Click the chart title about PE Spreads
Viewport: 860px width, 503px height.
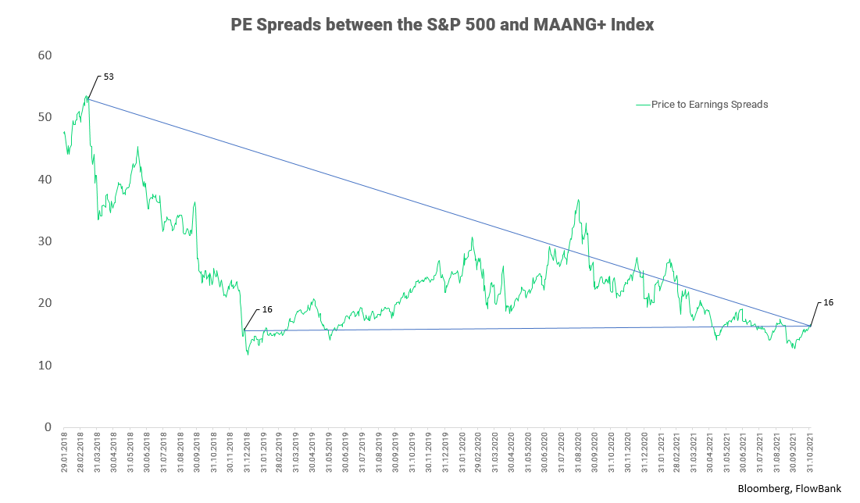[x=442, y=25]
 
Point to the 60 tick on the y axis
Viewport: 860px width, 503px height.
[x=44, y=55]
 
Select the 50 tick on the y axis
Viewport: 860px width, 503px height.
[x=44, y=117]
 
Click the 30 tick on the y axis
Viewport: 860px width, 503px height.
[x=44, y=241]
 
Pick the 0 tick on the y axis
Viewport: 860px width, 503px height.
[x=47, y=427]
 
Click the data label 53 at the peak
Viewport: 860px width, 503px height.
[x=109, y=77]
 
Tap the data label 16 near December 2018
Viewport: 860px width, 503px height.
[x=267, y=309]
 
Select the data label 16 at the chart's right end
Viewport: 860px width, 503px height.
[x=828, y=301]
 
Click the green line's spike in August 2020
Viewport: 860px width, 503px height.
[x=578, y=200]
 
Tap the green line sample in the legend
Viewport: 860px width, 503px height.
[x=643, y=104]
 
